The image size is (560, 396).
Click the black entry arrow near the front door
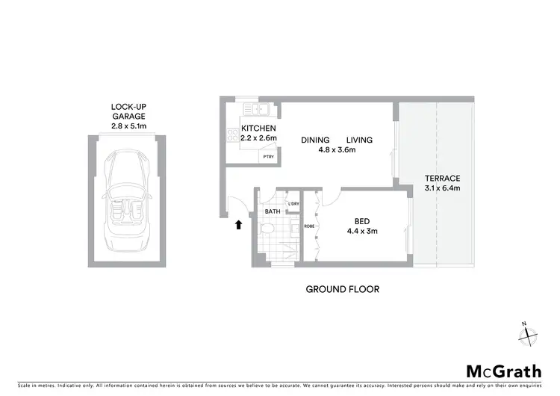tap(238, 223)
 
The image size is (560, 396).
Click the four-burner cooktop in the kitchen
tap(230, 135)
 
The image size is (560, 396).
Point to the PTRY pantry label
tap(267, 156)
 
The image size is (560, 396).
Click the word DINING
tap(316, 140)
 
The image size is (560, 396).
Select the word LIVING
tap(360, 140)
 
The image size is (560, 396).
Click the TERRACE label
tap(442, 178)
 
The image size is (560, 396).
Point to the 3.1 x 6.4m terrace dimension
tap(442, 188)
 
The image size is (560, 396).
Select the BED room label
tap(361, 221)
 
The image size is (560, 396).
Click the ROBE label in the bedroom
tap(308, 226)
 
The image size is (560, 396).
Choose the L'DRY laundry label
tap(293, 204)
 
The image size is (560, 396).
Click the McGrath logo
tap(504, 371)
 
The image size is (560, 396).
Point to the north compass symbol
tap(528, 334)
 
